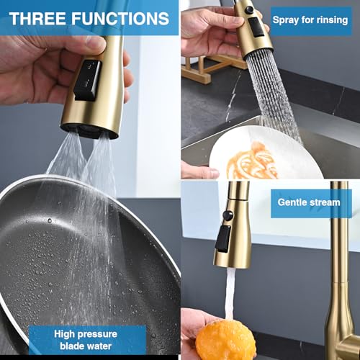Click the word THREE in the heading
click(x=37, y=19)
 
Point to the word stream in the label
click(x=325, y=202)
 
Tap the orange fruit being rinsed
click(x=225, y=340)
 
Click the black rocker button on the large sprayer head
click(x=87, y=80)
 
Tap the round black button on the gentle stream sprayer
click(x=228, y=215)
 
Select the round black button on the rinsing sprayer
click(x=249, y=10)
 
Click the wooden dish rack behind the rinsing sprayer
click(x=211, y=67)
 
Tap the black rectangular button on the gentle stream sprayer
click(x=223, y=238)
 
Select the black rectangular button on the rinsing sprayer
click(x=257, y=27)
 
